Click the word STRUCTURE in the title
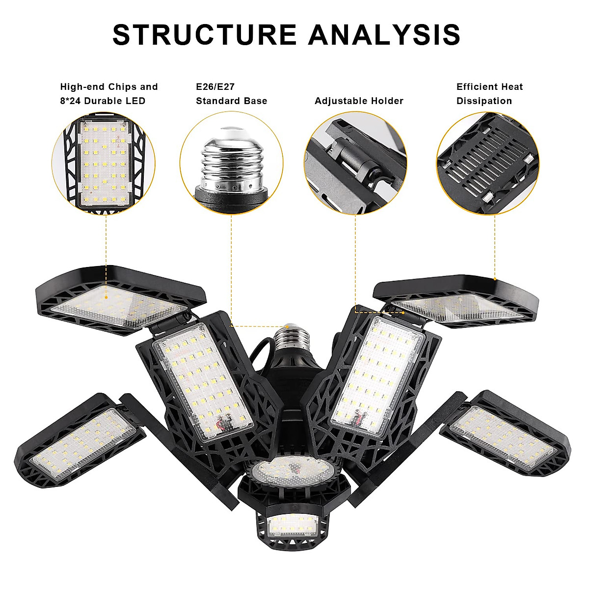(205, 34)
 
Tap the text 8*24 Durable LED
(103, 101)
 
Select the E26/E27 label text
(215, 87)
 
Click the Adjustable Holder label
(359, 101)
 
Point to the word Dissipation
(484, 101)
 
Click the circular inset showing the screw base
(231, 163)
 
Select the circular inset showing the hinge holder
(355, 163)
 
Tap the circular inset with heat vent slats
(487, 163)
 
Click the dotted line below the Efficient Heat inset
(495, 245)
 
